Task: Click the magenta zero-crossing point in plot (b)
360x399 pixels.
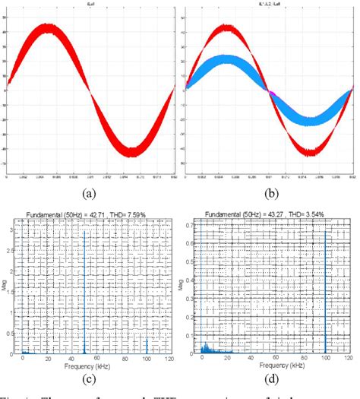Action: (x=269, y=90)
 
